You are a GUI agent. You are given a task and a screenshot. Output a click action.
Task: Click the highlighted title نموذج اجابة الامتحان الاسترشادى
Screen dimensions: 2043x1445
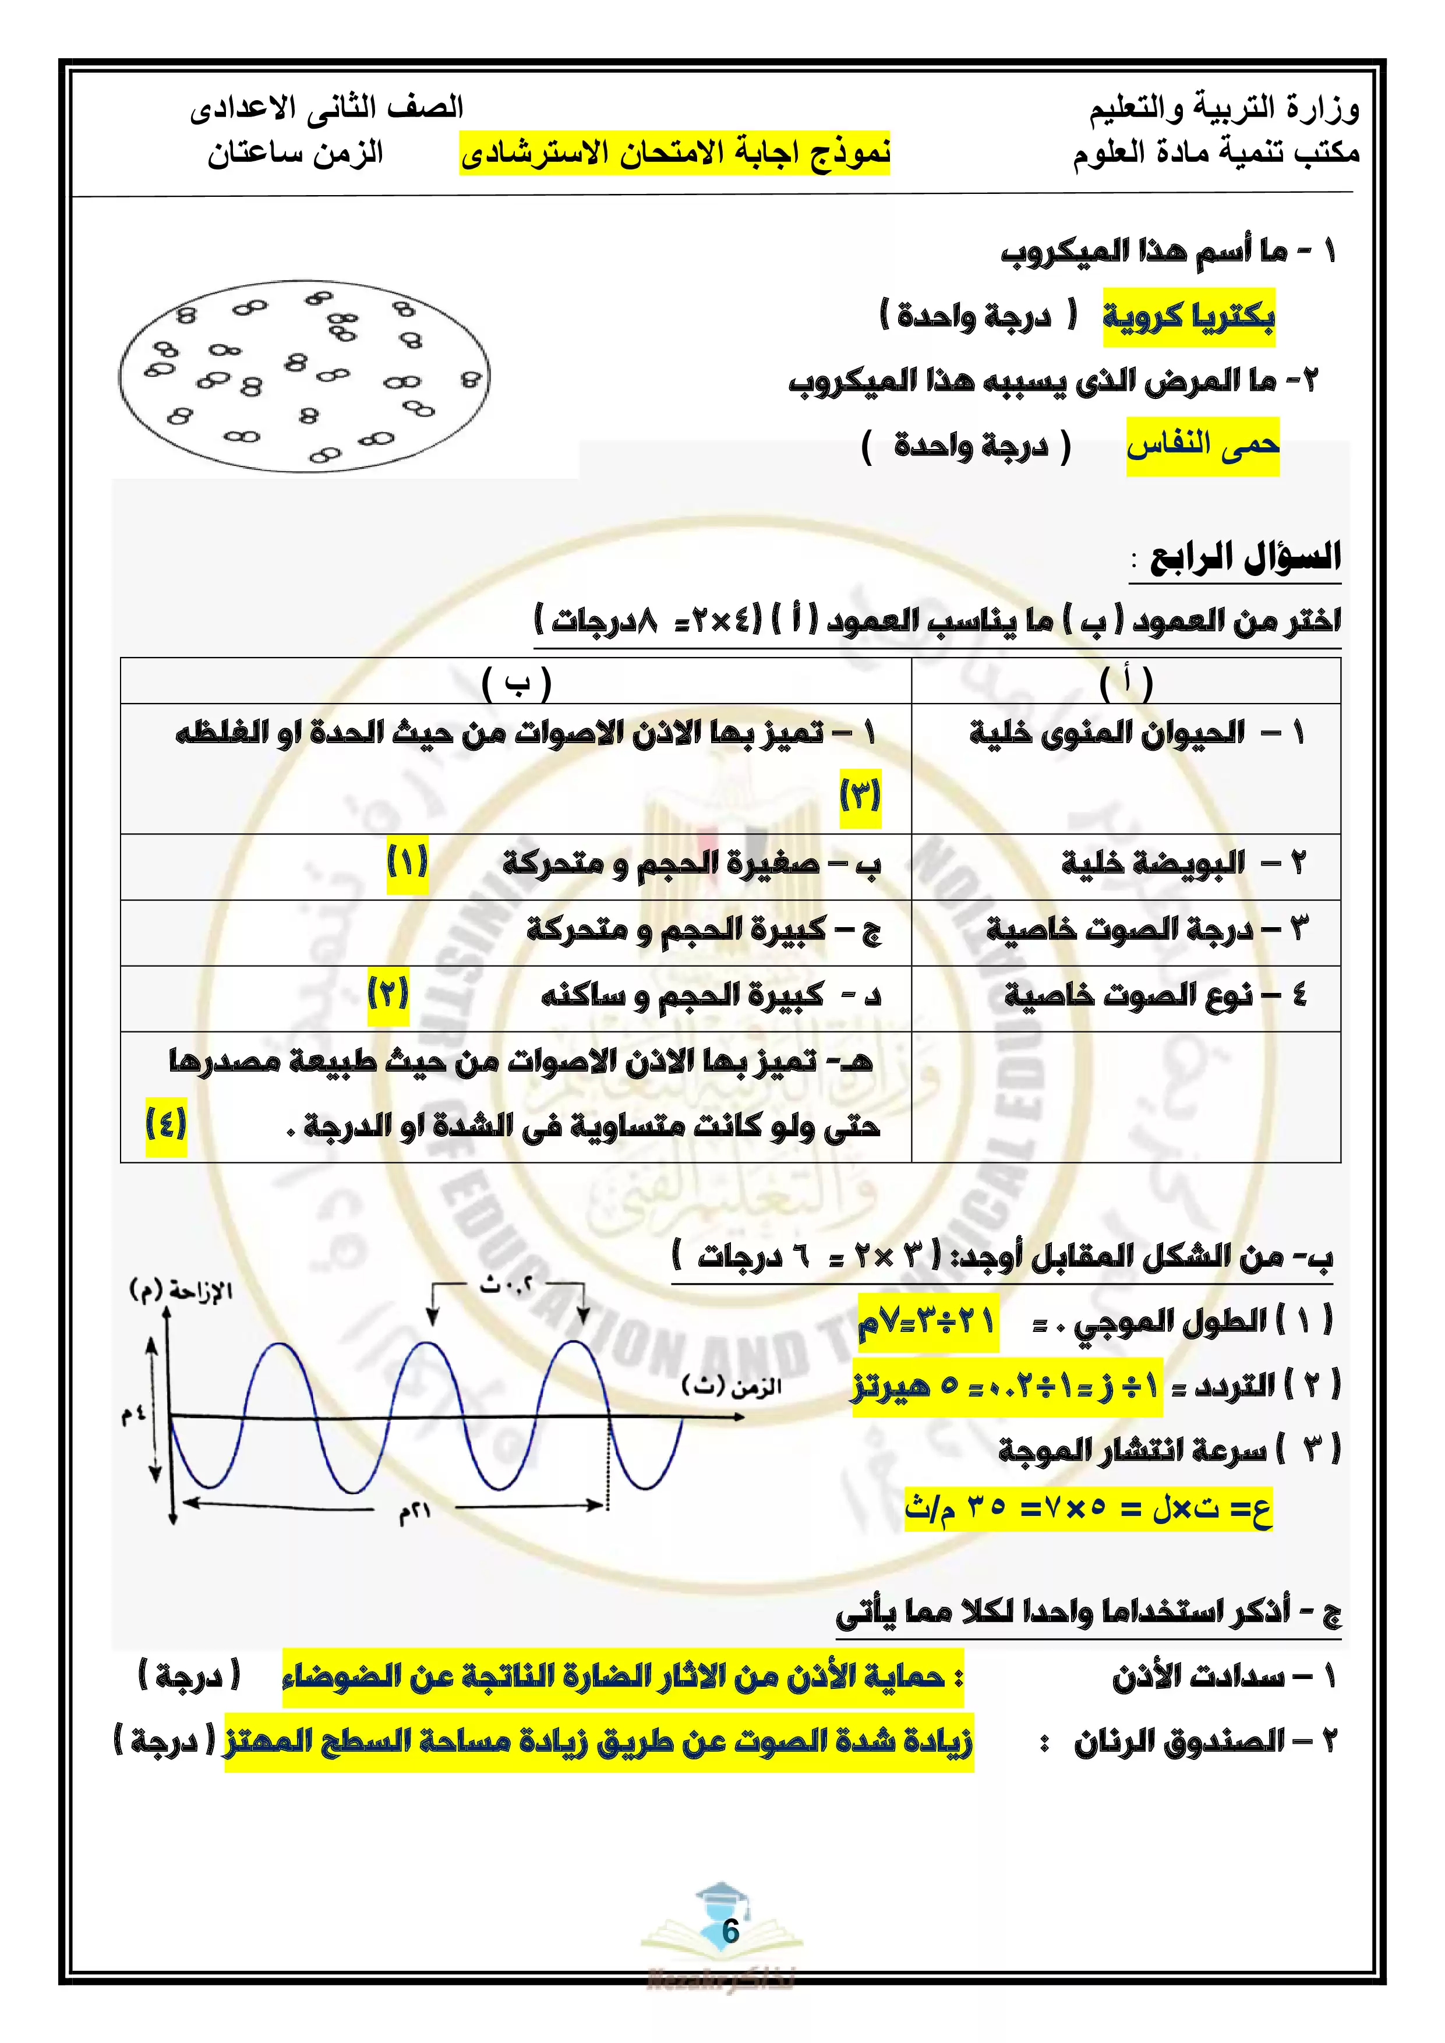pyautogui.click(x=674, y=153)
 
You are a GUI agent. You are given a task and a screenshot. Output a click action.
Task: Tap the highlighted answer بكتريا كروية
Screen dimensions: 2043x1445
pyautogui.click(x=1189, y=317)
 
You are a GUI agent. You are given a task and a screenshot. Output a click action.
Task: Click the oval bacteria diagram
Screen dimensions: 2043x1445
pyautogui.click(x=303, y=376)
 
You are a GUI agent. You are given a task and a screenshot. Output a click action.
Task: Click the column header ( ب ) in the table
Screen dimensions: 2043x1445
pyautogui.click(x=516, y=683)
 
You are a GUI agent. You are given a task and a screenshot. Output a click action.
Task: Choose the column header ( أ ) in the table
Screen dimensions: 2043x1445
pyautogui.click(x=1126, y=683)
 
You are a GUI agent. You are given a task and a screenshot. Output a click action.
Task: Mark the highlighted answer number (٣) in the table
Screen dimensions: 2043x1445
pyautogui.click(x=860, y=794)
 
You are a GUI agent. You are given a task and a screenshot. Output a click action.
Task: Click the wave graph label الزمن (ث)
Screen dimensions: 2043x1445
pyautogui.click(x=730, y=1385)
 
